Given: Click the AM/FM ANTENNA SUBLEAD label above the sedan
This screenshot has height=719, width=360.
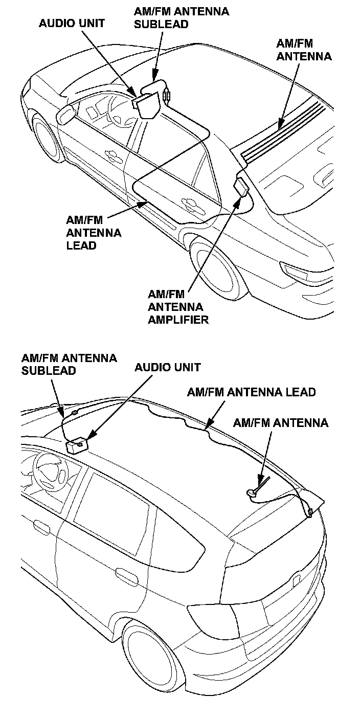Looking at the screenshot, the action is (182, 17).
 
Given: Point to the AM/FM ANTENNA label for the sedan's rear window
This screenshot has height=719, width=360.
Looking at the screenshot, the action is (304, 49).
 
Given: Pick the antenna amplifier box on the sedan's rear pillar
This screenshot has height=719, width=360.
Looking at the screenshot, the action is (241, 187).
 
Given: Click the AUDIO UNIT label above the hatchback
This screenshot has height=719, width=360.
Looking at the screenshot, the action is (167, 367).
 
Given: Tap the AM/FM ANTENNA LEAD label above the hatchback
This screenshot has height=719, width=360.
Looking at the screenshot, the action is (251, 392).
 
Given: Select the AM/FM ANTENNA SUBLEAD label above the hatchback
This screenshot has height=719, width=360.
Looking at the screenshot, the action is (69, 364).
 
